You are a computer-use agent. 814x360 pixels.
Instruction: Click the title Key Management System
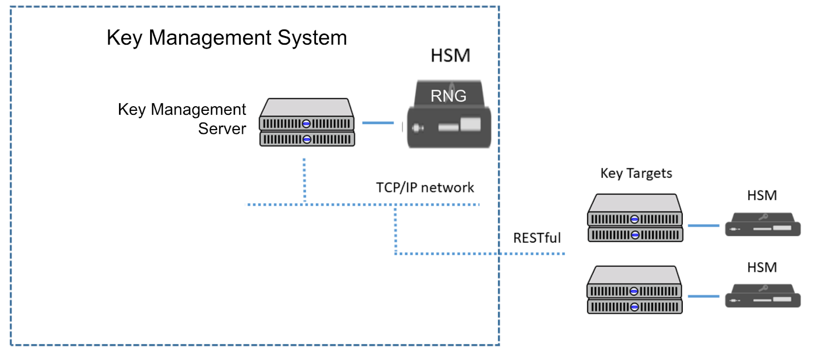[226, 38]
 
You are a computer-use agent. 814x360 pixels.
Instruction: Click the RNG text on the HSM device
[448, 96]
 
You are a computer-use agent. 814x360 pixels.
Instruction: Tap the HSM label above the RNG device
[450, 55]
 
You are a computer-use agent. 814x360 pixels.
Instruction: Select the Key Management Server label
[182, 118]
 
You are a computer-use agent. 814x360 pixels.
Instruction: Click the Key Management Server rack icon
[307, 123]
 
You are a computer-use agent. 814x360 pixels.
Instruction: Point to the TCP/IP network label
[425, 188]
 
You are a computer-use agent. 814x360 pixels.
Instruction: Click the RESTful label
[537, 238]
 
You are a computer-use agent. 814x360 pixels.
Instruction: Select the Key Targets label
[636, 173]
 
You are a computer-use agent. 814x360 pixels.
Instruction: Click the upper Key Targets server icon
[635, 218]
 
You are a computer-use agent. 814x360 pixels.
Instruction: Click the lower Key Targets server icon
[634, 290]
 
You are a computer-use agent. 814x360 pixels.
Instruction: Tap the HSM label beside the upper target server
[762, 196]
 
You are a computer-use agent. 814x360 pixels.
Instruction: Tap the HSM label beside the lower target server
[762, 267]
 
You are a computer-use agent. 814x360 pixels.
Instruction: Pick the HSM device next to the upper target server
[763, 225]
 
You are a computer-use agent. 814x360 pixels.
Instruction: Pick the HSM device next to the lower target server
[763, 296]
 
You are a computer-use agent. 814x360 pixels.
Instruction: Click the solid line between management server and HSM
[377, 123]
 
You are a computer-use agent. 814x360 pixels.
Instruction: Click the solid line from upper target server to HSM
[704, 225]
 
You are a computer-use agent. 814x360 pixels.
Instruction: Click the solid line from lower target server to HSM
[704, 296]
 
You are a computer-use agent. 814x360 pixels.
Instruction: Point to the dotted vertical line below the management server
[304, 181]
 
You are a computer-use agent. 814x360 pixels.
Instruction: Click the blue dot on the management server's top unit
[306, 124]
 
